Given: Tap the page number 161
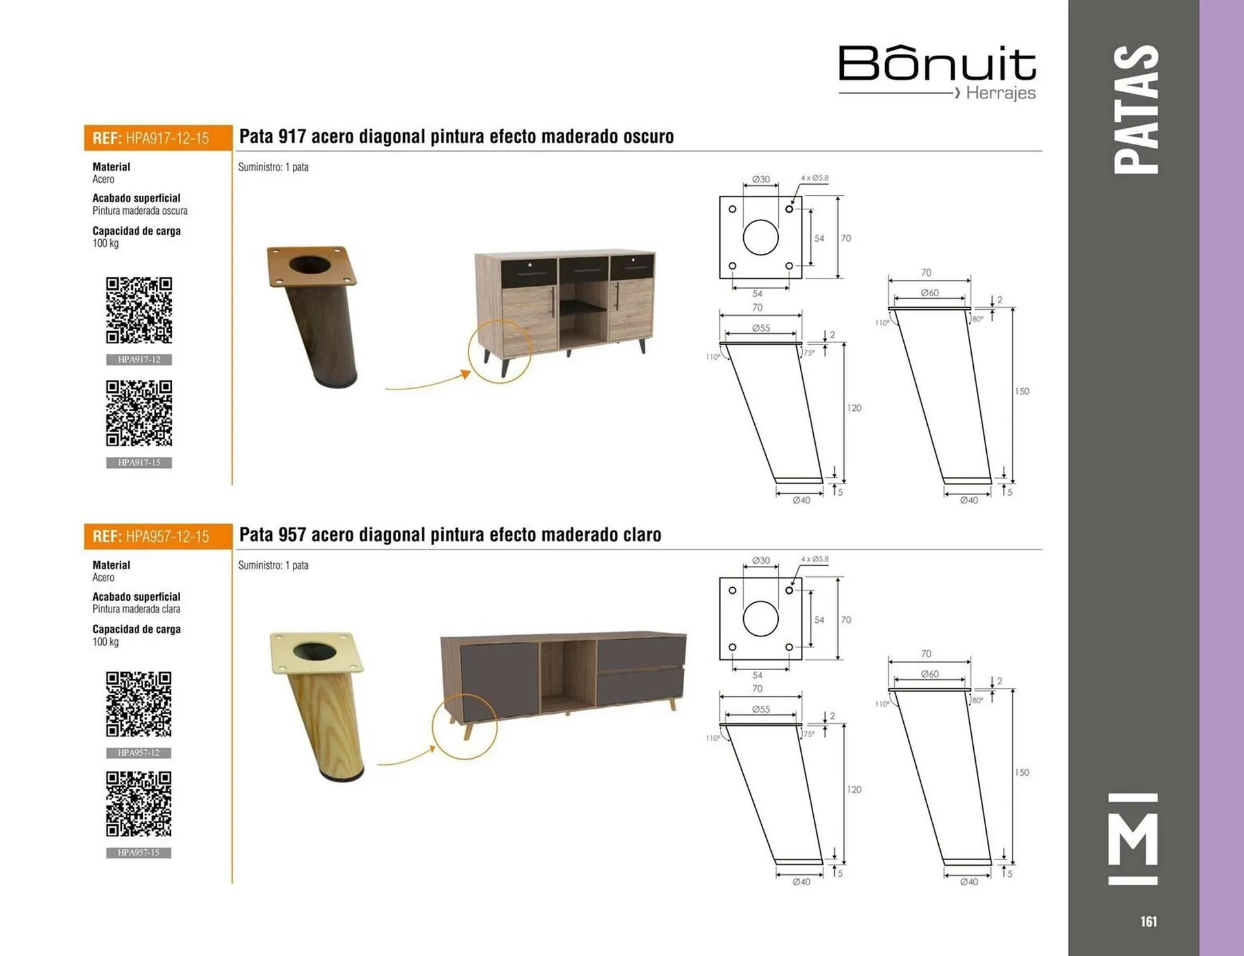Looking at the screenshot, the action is pos(1148,921).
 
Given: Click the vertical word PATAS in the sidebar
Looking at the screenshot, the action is pos(1136,109).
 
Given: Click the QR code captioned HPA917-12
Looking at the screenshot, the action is pos(139,310).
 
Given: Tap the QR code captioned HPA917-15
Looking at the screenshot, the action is pos(139,413).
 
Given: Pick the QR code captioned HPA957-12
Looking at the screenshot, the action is pos(139,704).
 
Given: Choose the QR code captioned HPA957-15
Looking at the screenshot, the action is pos(139,804).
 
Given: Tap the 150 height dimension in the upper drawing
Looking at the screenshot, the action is pos(1022,391).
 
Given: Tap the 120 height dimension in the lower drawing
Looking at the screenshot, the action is pos(854,789).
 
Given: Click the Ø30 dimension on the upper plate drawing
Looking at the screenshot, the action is pos(761,179).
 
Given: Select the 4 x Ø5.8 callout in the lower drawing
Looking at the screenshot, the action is pos(814,559).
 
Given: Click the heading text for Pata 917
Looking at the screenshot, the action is pos(457,137).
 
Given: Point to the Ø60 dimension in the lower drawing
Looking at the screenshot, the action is pos(930,674).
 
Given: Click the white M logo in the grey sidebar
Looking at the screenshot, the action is pos(1133,839).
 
